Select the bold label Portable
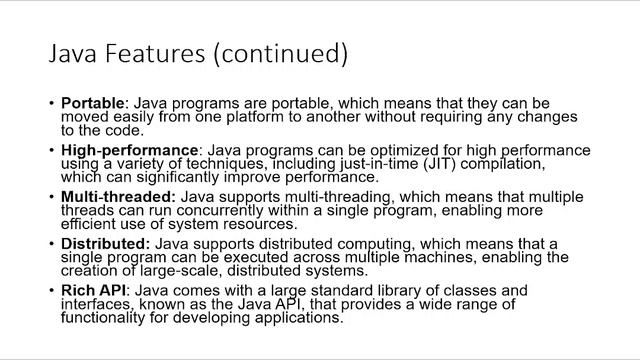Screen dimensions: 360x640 [94, 103]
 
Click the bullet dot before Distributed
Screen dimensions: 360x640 [51, 245]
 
